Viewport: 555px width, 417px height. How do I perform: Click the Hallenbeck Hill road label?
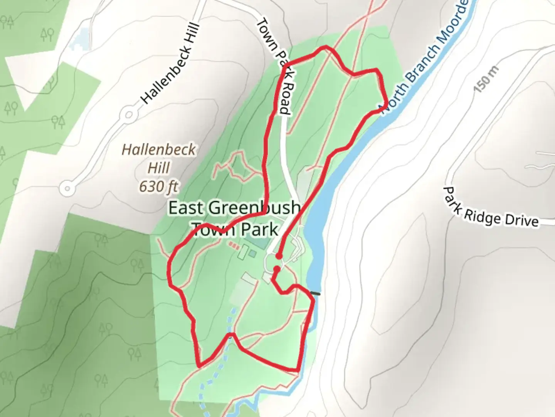click(170, 64)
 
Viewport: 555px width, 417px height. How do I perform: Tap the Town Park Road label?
click(276, 66)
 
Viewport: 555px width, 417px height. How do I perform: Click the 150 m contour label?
click(486, 79)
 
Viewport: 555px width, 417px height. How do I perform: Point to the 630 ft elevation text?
click(158, 187)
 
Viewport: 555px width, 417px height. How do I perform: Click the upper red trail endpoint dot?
click(279, 256)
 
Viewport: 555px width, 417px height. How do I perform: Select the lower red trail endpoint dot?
click(277, 269)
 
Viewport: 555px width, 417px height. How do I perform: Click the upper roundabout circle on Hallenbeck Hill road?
click(129, 115)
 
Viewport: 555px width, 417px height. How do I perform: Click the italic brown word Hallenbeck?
click(158, 150)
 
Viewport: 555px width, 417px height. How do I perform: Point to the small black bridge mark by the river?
click(316, 294)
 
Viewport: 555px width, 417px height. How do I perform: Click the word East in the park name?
click(186, 208)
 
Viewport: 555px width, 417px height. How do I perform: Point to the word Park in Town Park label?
click(259, 229)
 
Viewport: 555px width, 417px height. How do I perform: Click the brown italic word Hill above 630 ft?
click(158, 168)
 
